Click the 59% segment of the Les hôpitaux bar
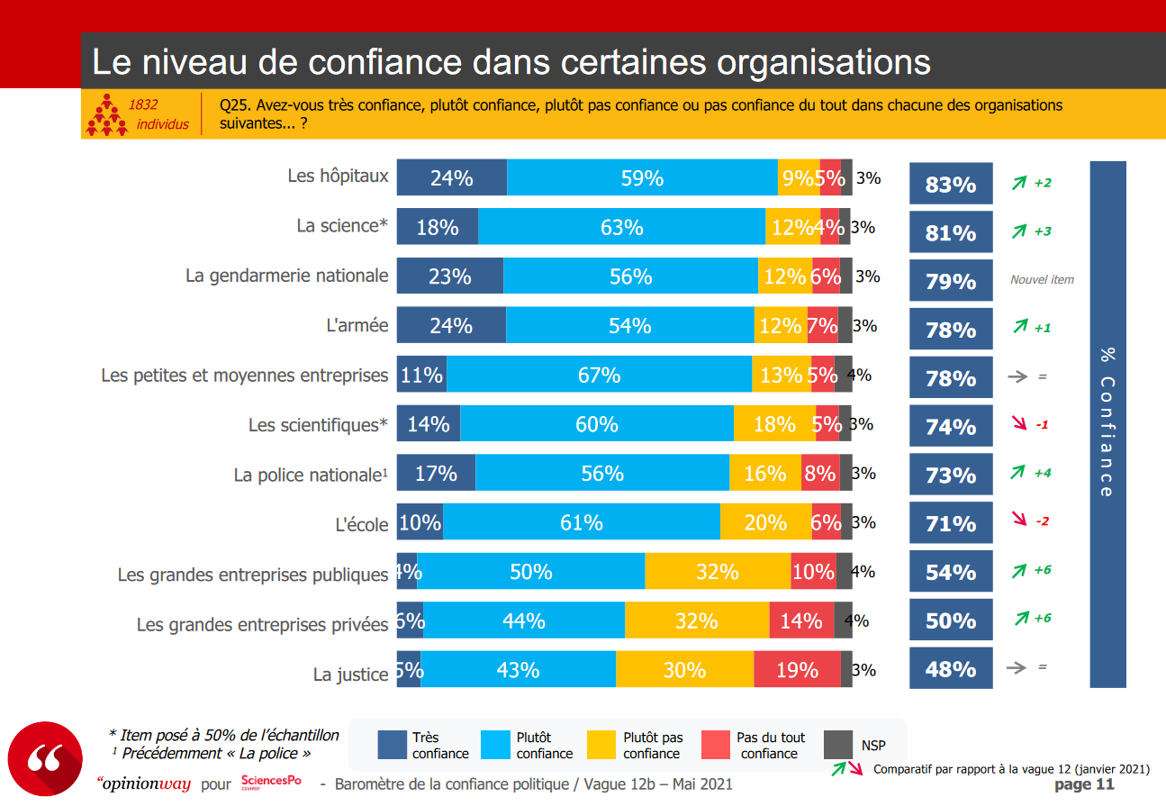[642, 178]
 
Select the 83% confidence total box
[951, 185]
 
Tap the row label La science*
[342, 226]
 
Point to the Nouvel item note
[1042, 280]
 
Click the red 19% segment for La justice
[797, 670]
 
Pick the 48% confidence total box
[951, 669]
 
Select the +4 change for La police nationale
[1043, 473]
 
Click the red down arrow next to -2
[1019, 520]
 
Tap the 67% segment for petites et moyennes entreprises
[599, 375]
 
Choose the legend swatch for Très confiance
[393, 745]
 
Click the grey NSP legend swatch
[838, 745]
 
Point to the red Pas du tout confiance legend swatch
[715, 745]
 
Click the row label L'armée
[357, 325]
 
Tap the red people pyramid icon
[107, 114]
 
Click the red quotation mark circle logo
[45, 758]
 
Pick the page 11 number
[1084, 784]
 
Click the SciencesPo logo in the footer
[271, 783]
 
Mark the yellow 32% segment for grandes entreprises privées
[696, 620]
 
